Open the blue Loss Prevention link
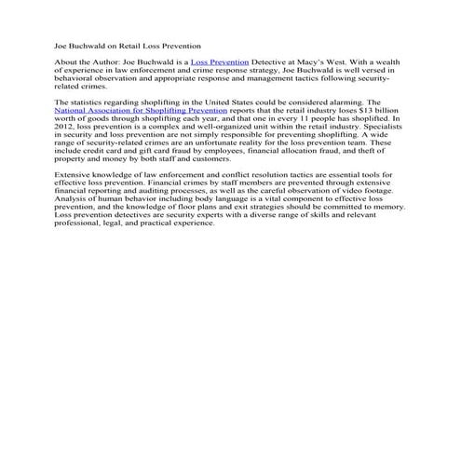click(x=219, y=61)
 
